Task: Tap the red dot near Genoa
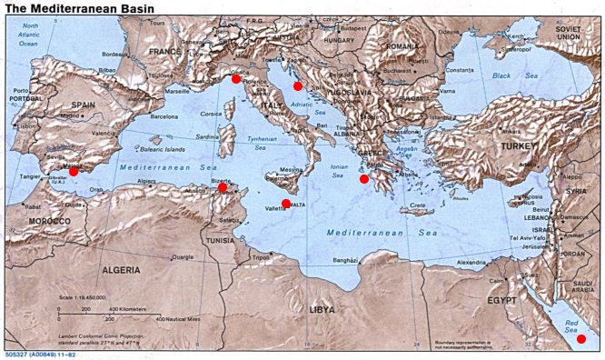(236, 79)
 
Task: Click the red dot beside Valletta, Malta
(286, 204)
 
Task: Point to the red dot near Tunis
(222, 187)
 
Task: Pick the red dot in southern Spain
(74, 171)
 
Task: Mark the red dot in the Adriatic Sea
(297, 86)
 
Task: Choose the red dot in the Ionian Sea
(364, 179)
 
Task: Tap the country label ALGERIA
(120, 270)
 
